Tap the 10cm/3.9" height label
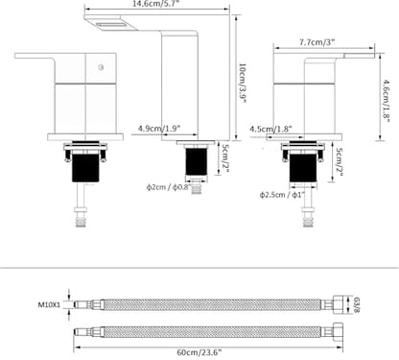243,84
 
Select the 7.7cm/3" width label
317,42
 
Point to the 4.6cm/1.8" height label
387,101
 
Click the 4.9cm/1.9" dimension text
159,129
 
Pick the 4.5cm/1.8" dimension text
271,129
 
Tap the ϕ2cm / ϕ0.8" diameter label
169,187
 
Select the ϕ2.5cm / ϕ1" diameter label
282,195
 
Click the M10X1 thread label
49,304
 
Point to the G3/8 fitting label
357,305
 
